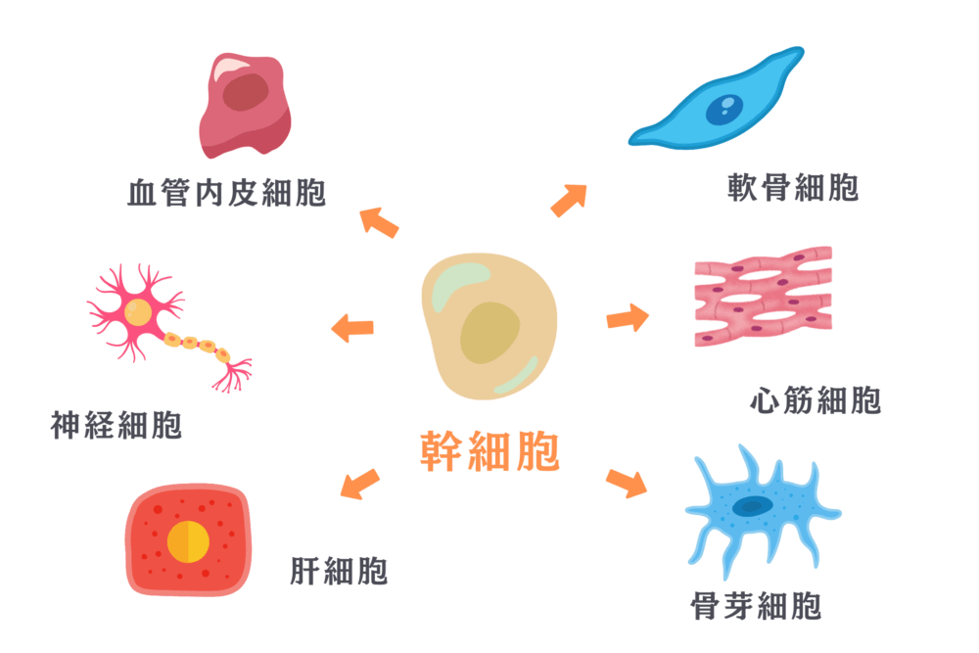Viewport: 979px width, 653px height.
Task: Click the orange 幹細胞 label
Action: pos(489,451)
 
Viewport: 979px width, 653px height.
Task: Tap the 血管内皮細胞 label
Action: pos(227,193)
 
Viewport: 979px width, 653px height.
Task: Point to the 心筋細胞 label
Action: pos(815,399)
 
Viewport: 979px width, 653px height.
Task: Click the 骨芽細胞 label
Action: pos(755,606)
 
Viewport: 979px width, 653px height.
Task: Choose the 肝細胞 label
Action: pos(339,570)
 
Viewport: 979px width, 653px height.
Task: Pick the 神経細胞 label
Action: pos(117,426)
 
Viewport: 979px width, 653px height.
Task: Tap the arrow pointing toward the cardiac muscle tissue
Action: pos(628,317)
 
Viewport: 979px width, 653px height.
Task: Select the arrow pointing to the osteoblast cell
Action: pos(627,483)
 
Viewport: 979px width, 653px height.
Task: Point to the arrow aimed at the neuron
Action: pos(352,328)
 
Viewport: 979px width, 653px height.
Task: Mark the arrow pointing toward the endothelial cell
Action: pos(380,222)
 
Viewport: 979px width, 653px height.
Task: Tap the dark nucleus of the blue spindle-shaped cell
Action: pos(725,107)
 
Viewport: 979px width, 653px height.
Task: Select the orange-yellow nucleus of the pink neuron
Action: pos(138,313)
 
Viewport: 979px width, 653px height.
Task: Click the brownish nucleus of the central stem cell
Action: pos(489,332)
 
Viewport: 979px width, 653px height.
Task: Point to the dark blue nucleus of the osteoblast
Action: pos(753,506)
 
